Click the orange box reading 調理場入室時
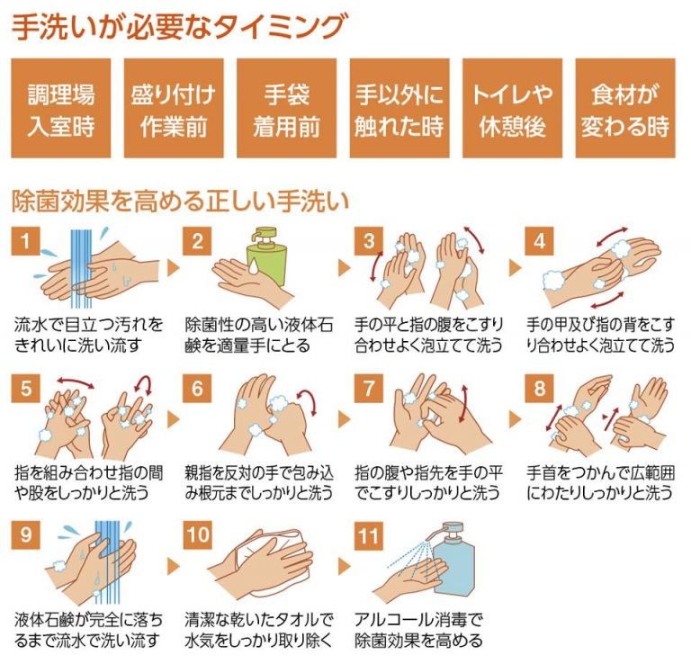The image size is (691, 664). click(x=61, y=108)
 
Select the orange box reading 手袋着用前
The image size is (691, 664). click(x=286, y=108)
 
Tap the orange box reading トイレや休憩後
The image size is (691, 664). click(x=512, y=108)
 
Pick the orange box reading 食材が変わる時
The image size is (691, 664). click(x=625, y=108)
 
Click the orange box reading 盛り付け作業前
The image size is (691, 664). click(x=174, y=108)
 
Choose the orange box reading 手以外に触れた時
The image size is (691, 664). click(x=399, y=108)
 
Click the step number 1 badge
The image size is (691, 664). click(x=25, y=241)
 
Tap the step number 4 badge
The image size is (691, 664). click(x=540, y=241)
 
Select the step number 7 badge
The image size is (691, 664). click(x=369, y=388)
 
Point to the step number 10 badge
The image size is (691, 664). click(x=197, y=535)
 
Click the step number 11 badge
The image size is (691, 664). click(x=369, y=535)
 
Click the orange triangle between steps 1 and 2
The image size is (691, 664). click(x=173, y=267)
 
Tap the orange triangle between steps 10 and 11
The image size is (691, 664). click(x=345, y=566)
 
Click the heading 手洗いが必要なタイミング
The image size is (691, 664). click(x=178, y=26)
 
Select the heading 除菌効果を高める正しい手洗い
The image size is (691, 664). click(x=180, y=201)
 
